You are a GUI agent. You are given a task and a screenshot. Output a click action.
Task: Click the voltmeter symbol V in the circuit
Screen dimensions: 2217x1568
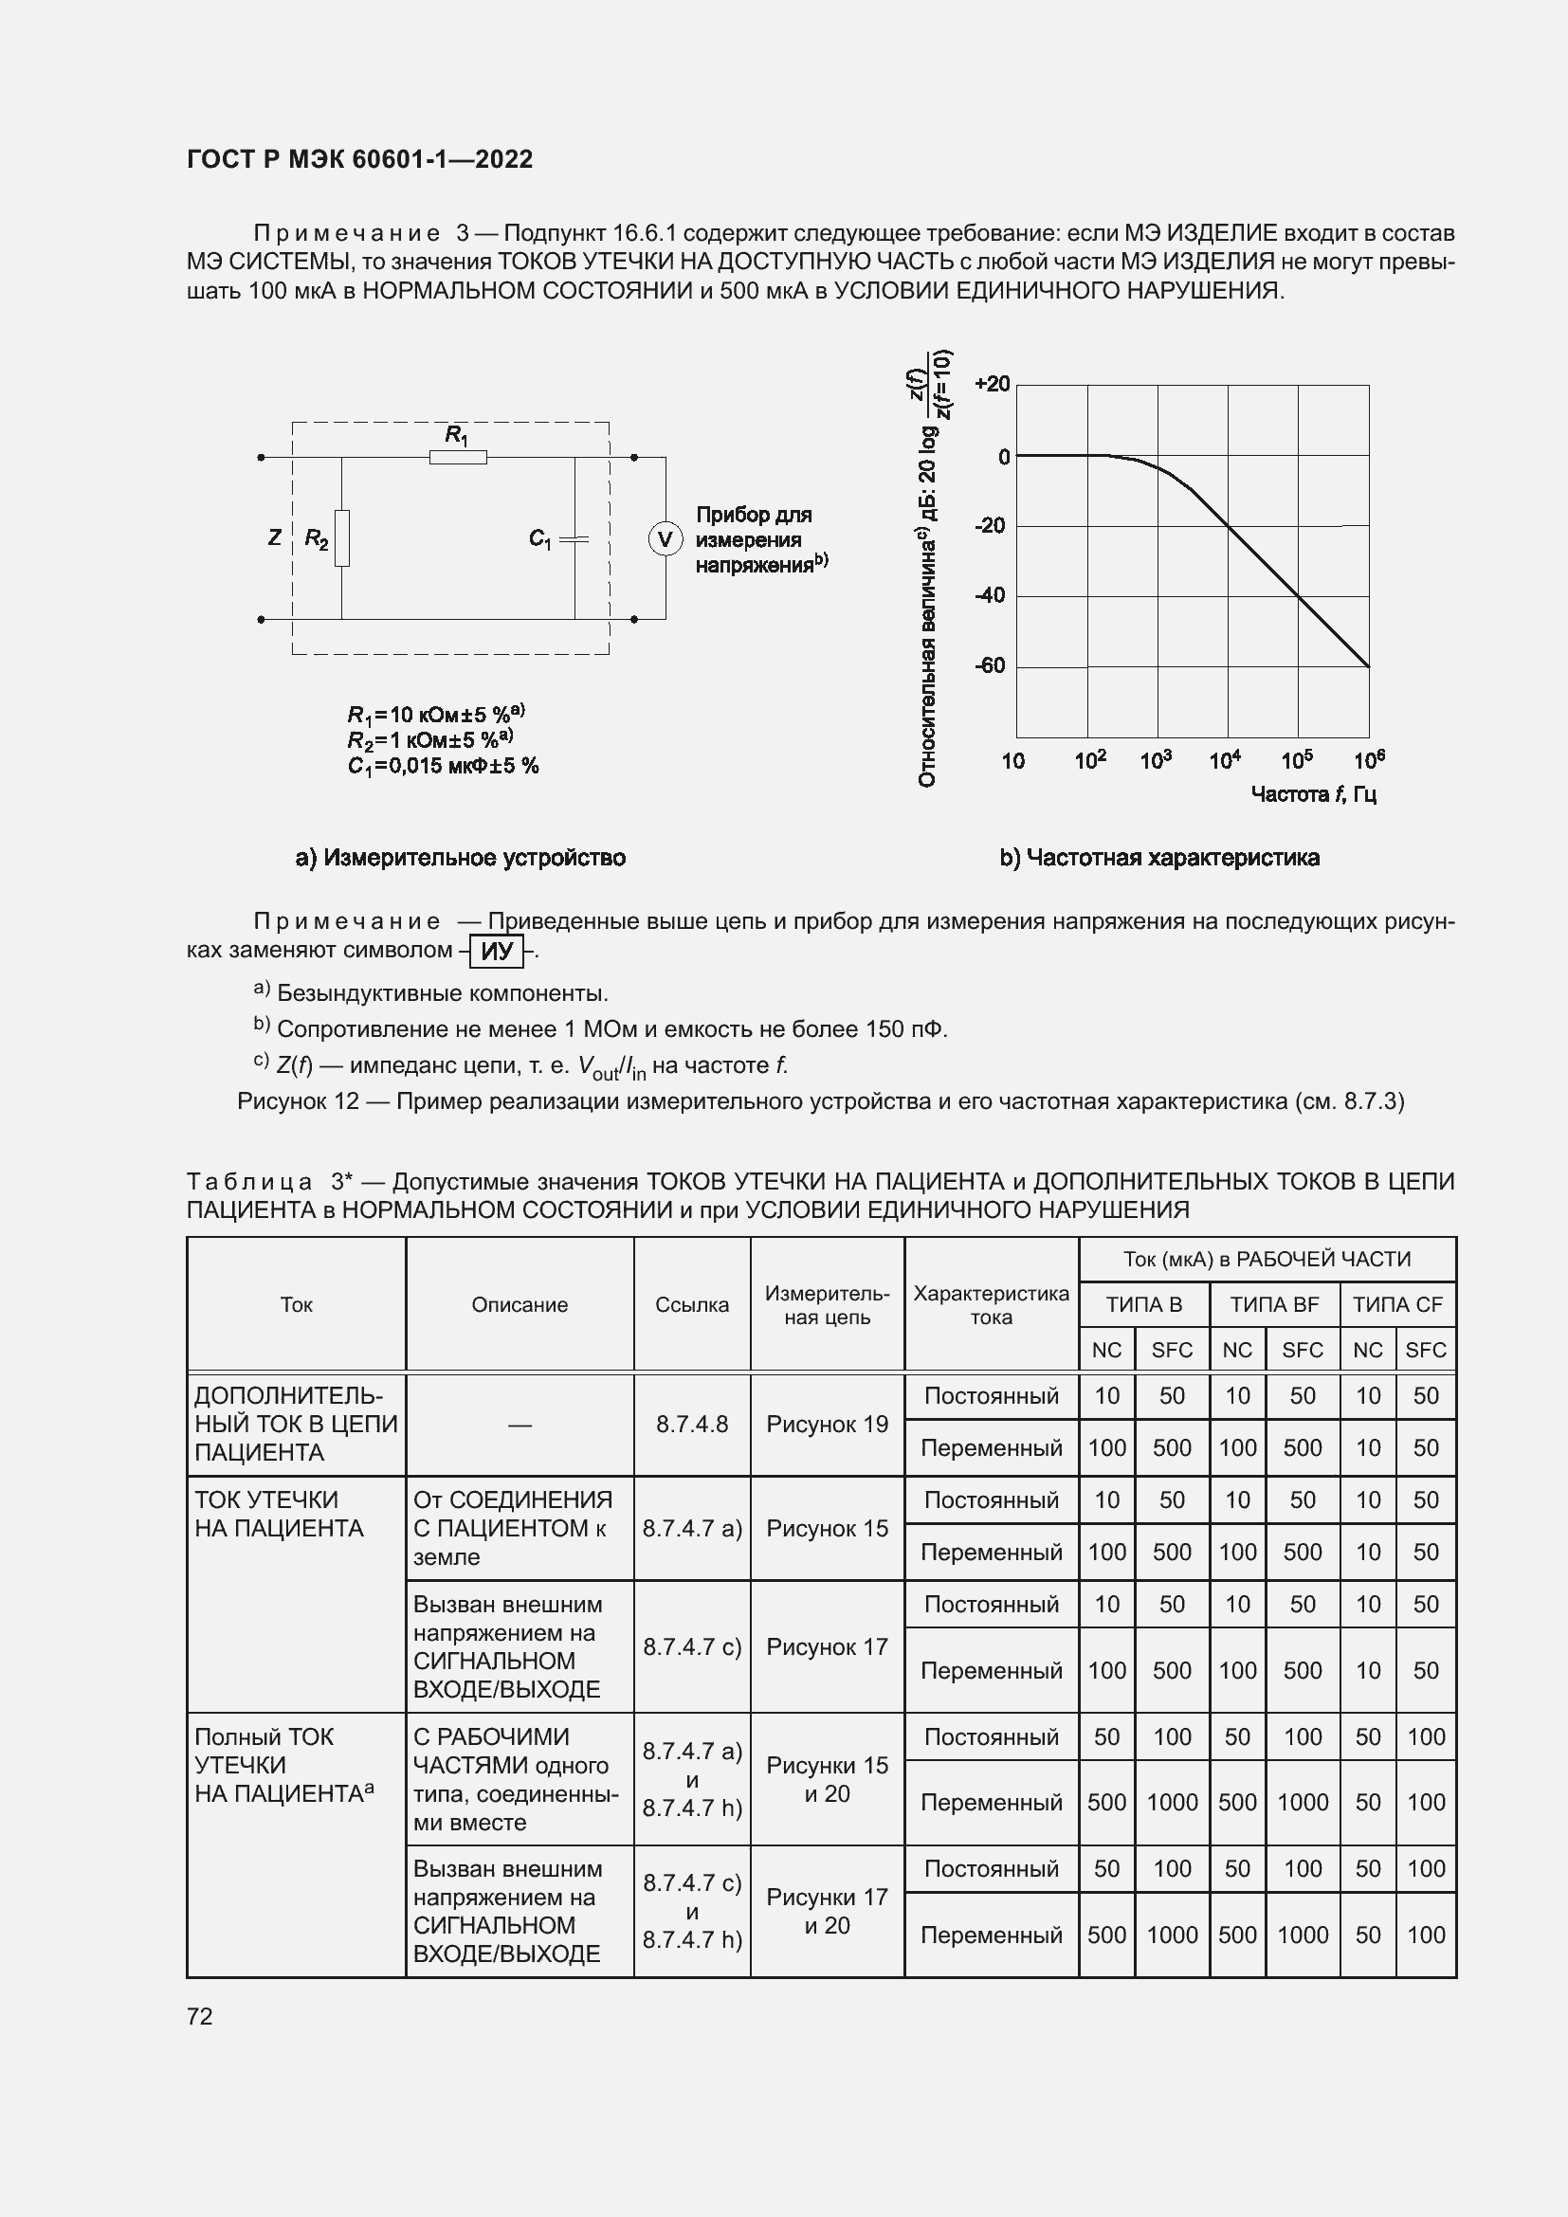[665, 538]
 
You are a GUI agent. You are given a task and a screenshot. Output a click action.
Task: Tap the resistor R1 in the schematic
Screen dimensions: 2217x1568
[458, 457]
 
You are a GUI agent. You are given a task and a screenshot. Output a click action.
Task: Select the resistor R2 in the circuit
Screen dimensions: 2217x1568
[342, 537]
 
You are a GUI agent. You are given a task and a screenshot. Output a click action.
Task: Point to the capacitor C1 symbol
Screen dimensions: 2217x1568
[574, 538]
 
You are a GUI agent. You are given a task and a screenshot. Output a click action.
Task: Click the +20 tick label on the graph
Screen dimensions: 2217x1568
[992, 384]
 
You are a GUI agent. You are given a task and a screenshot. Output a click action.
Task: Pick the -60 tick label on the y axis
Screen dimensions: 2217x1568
[990, 665]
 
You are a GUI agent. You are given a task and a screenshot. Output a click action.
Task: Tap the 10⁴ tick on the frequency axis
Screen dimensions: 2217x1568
[1224, 761]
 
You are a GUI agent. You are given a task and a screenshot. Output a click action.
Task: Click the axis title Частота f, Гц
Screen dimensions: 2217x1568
[1313, 793]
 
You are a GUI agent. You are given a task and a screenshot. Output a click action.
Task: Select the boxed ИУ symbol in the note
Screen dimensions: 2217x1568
[496, 951]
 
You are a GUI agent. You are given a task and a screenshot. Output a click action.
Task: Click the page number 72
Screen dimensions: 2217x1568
[199, 2016]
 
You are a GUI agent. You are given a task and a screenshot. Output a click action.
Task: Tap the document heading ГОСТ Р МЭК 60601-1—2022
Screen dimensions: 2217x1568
[359, 159]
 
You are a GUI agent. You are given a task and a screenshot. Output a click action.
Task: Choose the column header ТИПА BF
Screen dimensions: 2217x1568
[1273, 1304]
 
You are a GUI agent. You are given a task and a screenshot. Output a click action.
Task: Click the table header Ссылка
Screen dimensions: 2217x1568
[691, 1304]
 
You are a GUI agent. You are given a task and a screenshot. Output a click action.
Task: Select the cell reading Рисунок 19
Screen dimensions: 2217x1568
[827, 1425]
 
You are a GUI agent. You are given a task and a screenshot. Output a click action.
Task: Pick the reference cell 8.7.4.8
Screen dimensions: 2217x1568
[691, 1425]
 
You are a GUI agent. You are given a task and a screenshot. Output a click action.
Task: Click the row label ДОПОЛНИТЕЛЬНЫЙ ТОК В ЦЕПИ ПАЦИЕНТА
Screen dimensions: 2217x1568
[296, 1425]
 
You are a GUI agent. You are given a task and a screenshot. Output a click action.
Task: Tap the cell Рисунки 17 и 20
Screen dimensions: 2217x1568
[827, 1911]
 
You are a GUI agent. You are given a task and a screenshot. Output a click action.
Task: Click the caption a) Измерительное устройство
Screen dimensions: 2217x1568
[460, 858]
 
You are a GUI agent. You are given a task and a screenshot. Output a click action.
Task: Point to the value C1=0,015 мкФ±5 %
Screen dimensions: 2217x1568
[442, 766]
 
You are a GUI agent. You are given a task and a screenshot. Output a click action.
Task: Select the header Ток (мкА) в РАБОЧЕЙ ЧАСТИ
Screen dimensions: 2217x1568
[1267, 1259]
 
